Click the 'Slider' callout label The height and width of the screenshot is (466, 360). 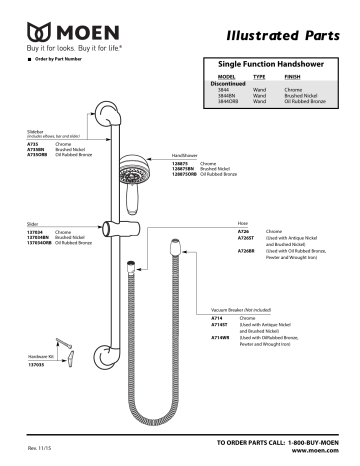coord(33,225)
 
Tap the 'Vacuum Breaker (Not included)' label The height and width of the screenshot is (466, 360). coord(242,311)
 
